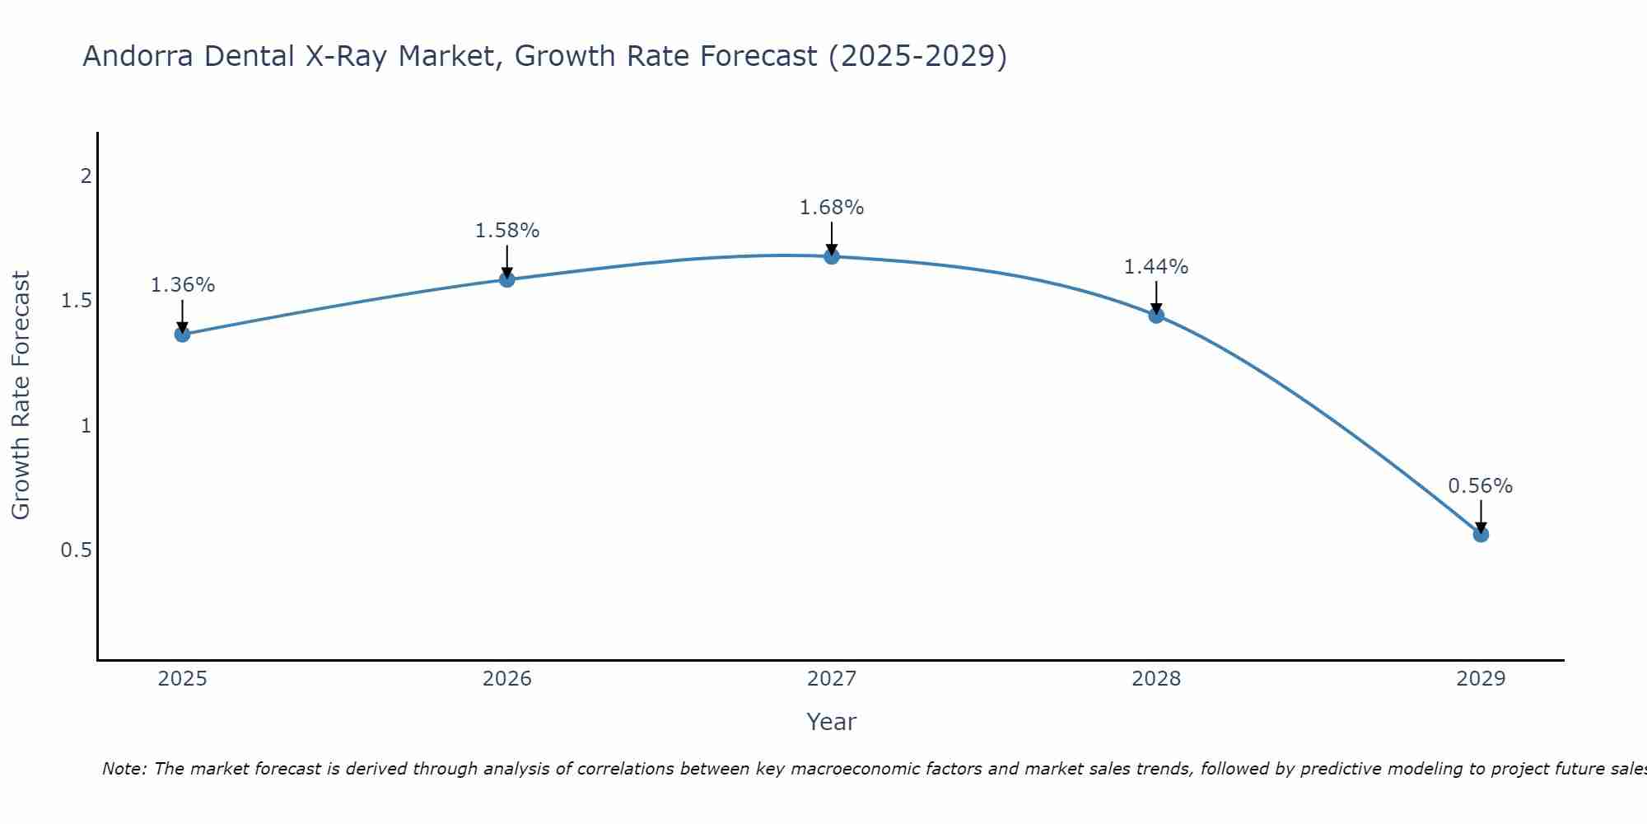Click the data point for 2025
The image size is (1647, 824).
coord(182,334)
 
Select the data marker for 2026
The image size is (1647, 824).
coord(507,279)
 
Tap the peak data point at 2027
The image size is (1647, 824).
coord(832,256)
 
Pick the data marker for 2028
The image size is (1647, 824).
coord(1156,315)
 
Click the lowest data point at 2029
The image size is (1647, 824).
coord(1481,534)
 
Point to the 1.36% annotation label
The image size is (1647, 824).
coord(182,285)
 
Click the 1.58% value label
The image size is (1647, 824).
coord(507,231)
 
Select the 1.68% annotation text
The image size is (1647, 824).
coord(832,208)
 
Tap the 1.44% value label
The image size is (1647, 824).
coord(1156,267)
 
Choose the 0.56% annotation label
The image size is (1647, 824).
coord(1481,486)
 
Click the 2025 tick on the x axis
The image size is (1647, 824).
coord(182,679)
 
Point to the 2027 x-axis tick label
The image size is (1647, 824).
coord(832,679)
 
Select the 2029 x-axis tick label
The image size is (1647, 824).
coord(1481,679)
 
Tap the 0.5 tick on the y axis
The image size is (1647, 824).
coord(76,550)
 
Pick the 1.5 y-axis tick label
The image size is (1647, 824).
coord(76,301)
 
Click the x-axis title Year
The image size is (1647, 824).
coord(832,722)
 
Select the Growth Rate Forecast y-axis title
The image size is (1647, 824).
coord(21,395)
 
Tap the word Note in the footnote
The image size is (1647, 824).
coord(124,769)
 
